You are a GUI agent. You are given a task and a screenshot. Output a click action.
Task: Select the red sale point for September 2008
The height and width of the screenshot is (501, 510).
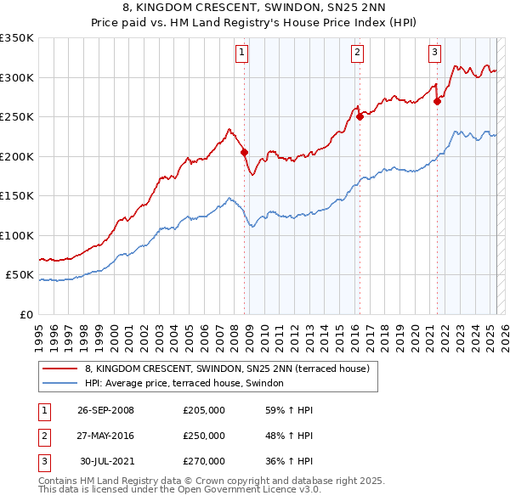pyautogui.click(x=245, y=153)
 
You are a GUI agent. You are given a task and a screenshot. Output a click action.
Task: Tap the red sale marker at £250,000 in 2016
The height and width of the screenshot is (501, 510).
pyautogui.click(x=360, y=117)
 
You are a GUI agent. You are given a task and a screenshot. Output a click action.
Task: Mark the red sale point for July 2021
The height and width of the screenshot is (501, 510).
pyautogui.click(x=438, y=101)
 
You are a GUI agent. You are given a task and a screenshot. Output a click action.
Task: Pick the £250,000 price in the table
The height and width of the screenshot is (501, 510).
pyautogui.click(x=204, y=436)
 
